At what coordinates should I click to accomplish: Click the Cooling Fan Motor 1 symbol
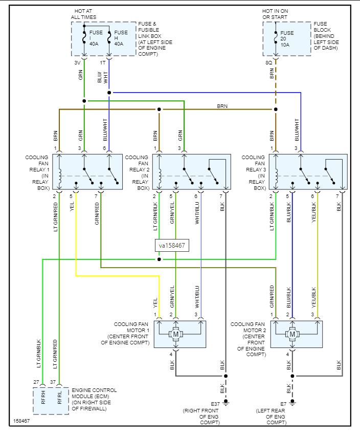point(176,334)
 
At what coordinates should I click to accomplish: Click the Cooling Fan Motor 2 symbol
point(292,334)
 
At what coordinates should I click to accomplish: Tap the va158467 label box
point(172,246)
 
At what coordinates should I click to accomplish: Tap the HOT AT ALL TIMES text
point(84,14)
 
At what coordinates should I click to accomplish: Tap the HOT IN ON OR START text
point(275,14)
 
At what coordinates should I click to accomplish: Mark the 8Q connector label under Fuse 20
point(268,63)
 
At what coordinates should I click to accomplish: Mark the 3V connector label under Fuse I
point(77,63)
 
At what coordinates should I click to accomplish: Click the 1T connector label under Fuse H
point(103,63)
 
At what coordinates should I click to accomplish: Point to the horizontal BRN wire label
point(222,106)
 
